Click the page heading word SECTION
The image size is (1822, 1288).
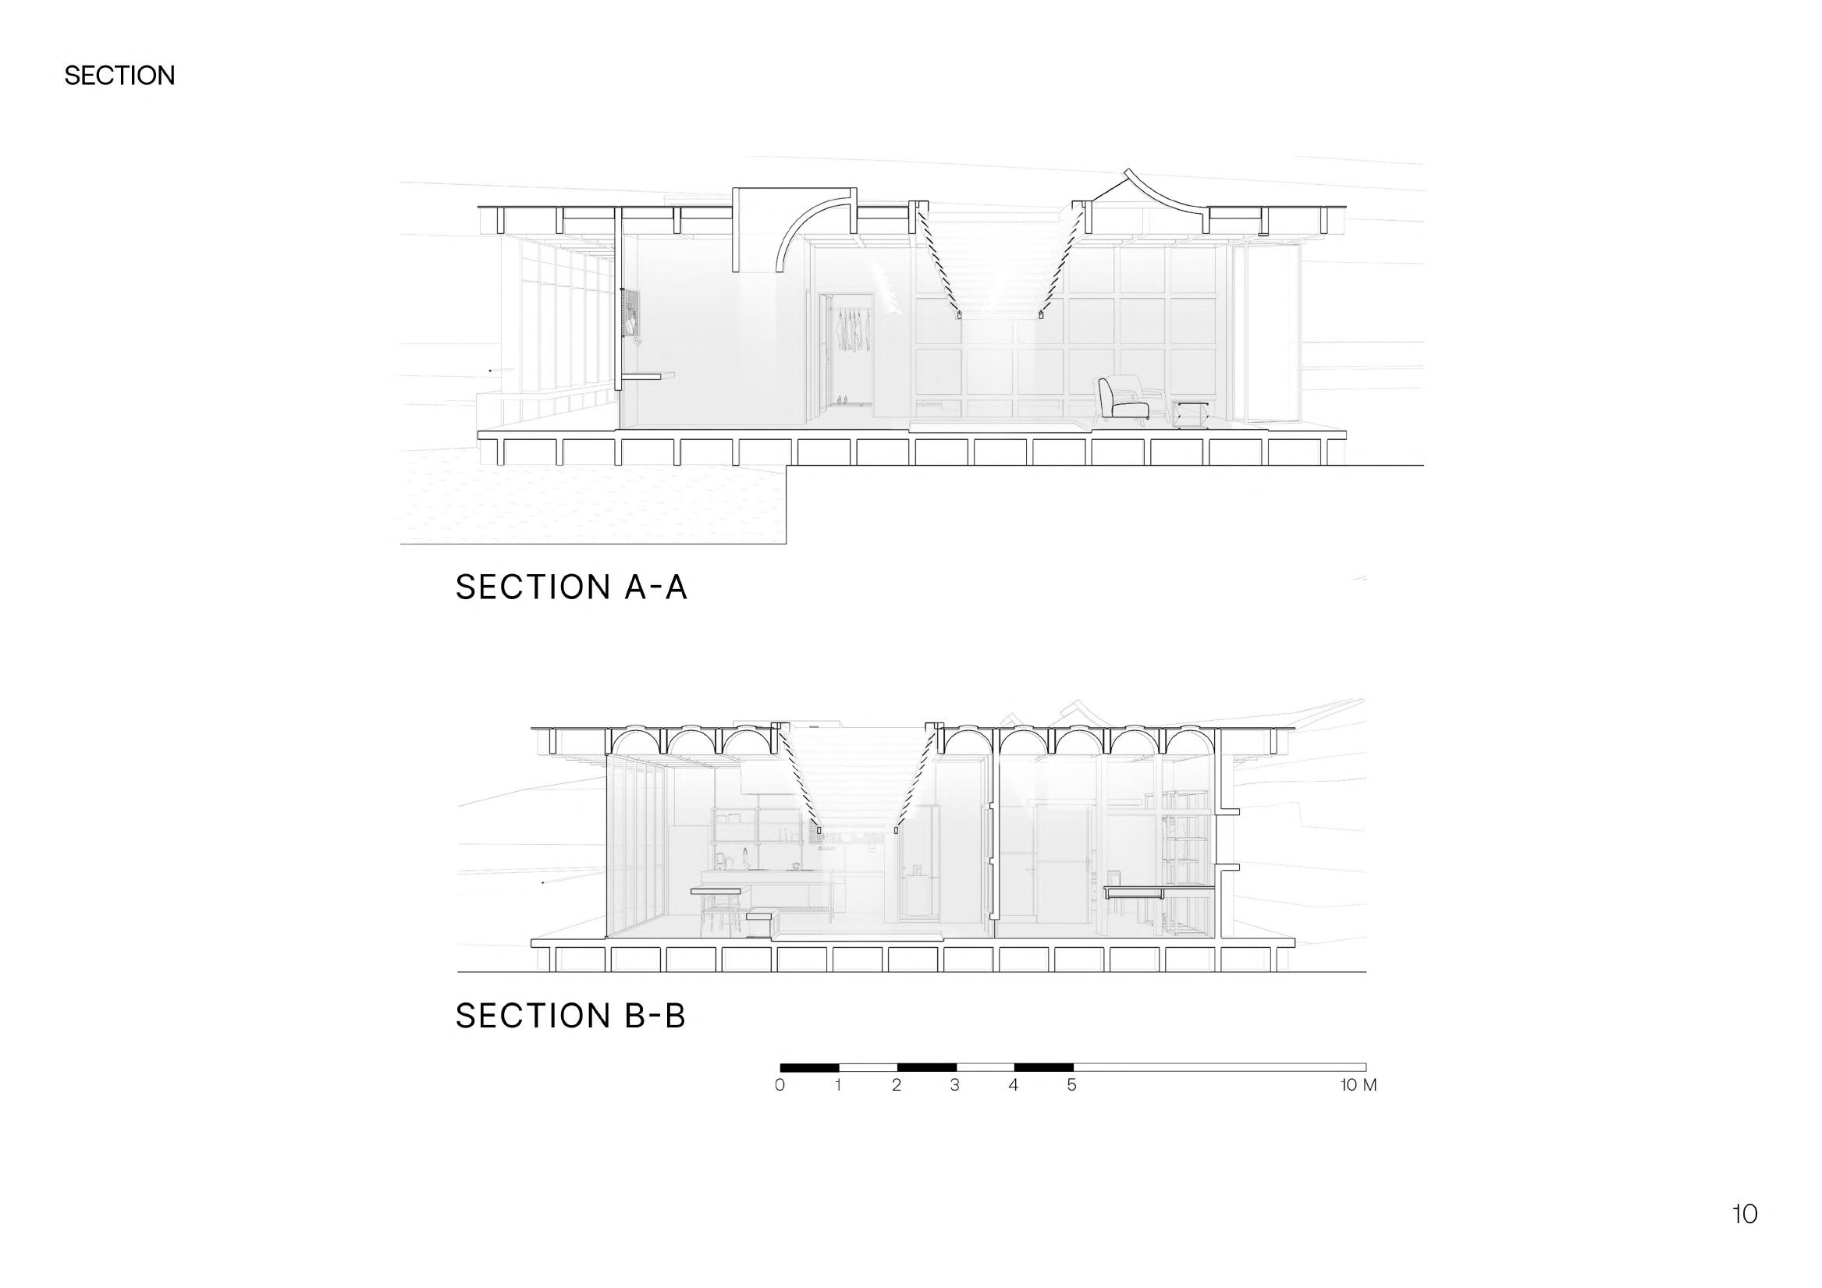coord(119,76)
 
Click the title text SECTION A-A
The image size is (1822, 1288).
coord(570,587)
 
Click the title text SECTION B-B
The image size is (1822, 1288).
coord(570,1016)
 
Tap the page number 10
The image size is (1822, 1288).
coord(1744,1237)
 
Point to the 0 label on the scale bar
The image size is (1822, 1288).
coord(780,1085)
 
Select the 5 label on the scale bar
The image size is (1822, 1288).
coord(1071,1085)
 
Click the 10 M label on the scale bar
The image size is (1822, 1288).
coord(1358,1085)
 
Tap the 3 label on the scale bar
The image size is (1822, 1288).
coord(954,1085)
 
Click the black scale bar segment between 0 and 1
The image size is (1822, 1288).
coord(809,1067)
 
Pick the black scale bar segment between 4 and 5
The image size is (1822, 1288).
coord(1043,1067)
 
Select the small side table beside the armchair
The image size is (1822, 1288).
coord(1189,413)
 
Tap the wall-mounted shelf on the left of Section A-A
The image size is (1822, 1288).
coord(646,378)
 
